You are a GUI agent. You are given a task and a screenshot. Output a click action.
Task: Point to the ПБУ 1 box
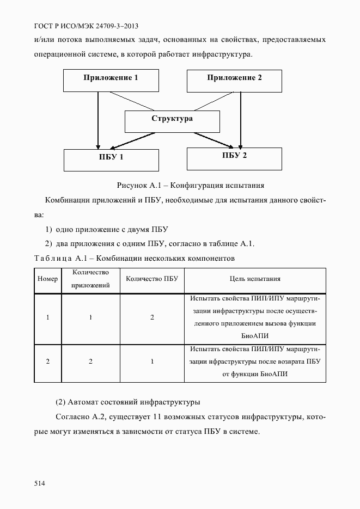pos(111,160)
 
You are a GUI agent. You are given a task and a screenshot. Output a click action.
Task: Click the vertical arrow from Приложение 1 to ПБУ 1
pos(98,120)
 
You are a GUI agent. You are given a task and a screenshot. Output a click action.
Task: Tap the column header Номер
pos(48,279)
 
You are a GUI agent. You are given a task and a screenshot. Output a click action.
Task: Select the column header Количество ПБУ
pos(152,279)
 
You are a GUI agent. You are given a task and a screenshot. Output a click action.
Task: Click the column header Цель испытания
pos(255,279)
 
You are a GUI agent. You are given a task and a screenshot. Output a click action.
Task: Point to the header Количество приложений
pos(91,279)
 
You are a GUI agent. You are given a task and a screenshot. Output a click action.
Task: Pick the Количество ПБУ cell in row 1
pos(152,317)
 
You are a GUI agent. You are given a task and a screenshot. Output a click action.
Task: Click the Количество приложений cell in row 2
pos(91,361)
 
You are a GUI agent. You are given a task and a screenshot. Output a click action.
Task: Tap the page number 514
pos(39,483)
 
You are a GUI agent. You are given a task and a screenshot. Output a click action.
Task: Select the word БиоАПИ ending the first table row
pos(255,336)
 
